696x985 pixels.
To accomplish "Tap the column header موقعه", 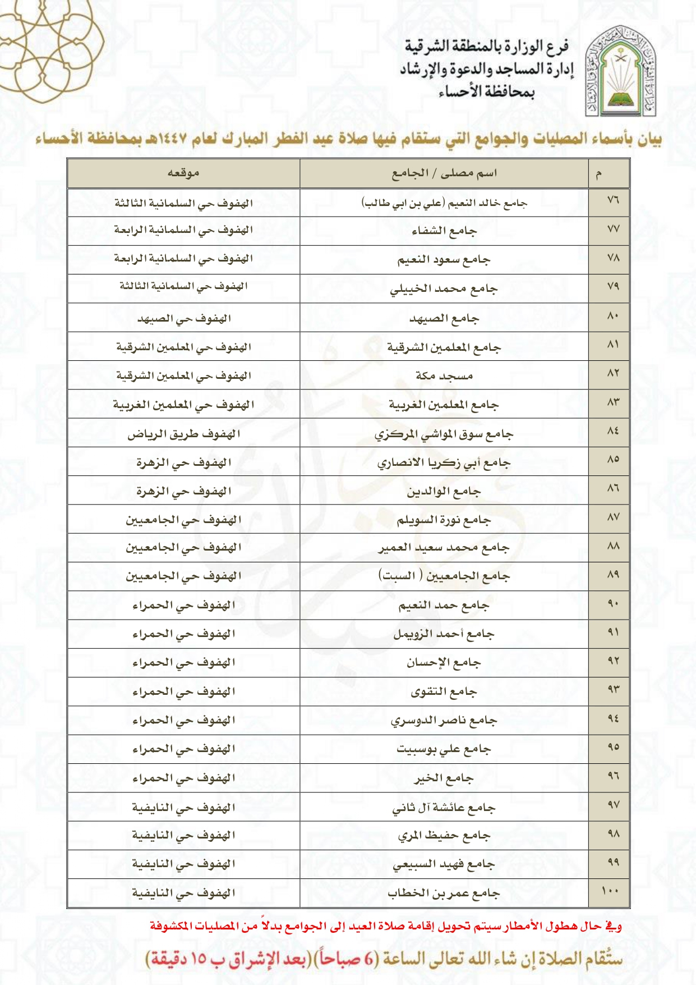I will [183, 173].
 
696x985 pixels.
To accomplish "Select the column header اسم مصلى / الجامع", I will [444, 173].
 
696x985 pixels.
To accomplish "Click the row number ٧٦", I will [612, 200].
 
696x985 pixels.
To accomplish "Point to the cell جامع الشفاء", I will [444, 231].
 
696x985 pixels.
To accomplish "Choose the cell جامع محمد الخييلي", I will [444, 288].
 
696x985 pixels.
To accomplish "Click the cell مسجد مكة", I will [444, 375].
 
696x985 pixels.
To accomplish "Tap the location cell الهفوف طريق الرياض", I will [183, 434].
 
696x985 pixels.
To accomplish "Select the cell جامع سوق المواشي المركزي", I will [444, 434].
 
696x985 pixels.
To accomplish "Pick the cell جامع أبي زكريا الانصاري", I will [444, 463].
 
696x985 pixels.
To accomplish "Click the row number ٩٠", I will [612, 604].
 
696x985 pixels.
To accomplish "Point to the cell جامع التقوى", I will [444, 692].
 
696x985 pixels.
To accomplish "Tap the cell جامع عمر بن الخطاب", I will [444, 893].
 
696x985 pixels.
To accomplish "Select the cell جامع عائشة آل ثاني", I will [444, 808].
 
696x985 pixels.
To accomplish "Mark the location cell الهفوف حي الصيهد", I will [183, 319].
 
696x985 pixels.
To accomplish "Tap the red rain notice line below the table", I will [386, 926].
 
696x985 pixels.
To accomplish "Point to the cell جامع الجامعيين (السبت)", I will [444, 576].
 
